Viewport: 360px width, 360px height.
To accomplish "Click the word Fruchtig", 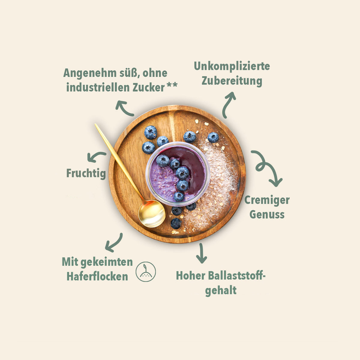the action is point(86,174).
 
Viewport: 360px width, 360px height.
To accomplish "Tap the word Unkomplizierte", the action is point(232,67).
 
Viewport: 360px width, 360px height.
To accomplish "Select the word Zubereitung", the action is point(232,81).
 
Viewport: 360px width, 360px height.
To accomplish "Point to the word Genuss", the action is point(267,214).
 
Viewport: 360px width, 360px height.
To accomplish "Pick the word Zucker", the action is point(148,87).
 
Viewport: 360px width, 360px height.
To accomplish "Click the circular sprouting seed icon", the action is point(145,271).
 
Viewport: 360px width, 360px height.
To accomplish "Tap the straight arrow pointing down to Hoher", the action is point(201,253).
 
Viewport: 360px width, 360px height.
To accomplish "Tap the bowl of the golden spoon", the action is point(152,213).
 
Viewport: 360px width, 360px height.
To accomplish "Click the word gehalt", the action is point(221,291).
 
